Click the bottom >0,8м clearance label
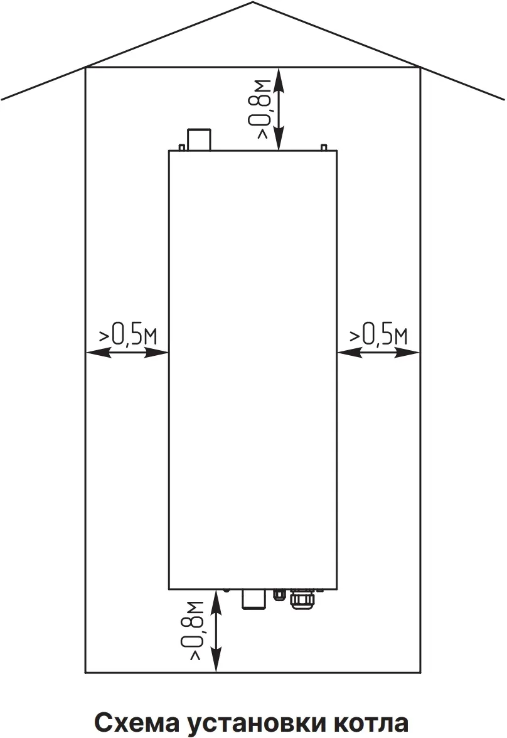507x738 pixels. (x=196, y=629)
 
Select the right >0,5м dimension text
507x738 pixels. (x=378, y=334)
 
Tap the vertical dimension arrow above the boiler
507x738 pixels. (x=280, y=109)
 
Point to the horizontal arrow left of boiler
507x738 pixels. (x=127, y=353)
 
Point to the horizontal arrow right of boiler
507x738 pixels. (x=378, y=353)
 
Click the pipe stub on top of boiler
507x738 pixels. (x=200, y=139)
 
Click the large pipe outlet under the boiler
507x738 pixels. (x=253, y=599)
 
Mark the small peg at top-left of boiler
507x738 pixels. (x=181, y=147)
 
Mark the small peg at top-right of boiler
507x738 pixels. (x=323, y=147)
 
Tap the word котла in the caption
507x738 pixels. (x=370, y=722)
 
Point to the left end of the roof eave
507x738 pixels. (x=3, y=99)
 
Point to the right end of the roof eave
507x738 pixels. (x=503, y=99)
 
